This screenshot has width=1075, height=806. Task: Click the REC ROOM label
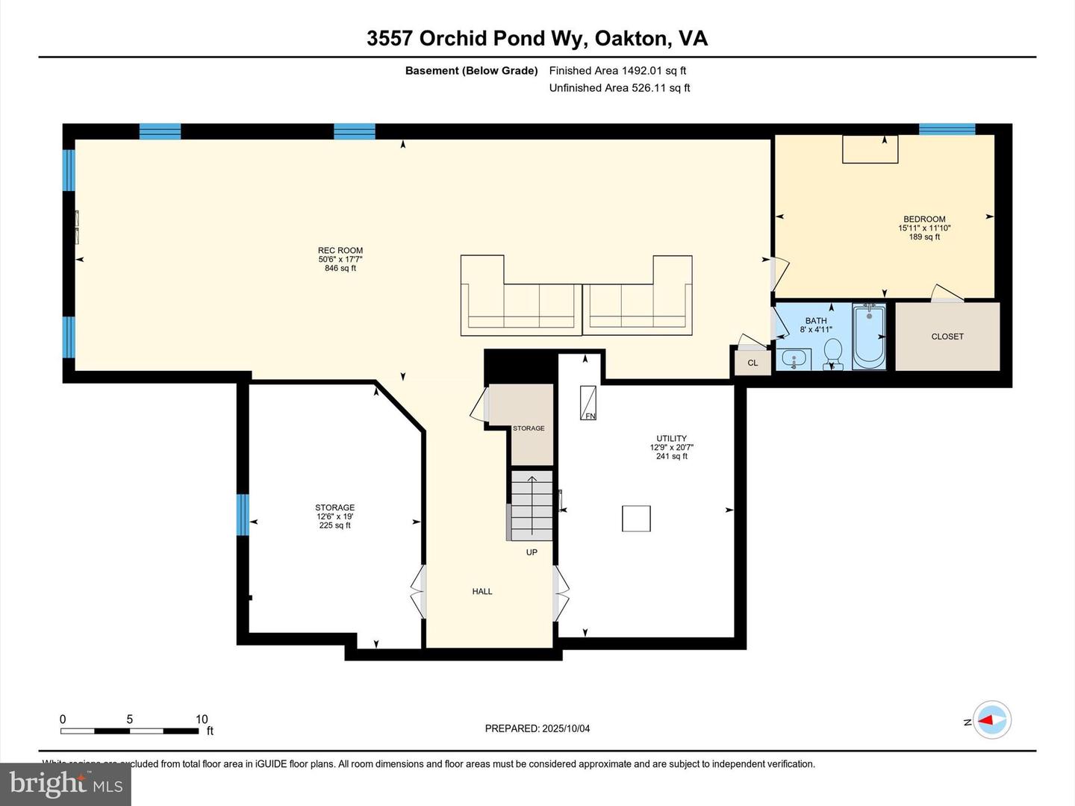tap(340, 251)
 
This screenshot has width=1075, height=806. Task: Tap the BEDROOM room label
tap(924, 219)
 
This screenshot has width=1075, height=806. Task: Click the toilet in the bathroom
tap(832, 352)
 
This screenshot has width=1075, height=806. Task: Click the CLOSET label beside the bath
tap(947, 337)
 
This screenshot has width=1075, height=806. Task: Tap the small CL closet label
tap(752, 363)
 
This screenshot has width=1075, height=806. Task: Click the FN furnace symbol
tap(588, 403)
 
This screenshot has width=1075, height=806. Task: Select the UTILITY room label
tap(671, 439)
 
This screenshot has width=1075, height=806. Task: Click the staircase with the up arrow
tap(532, 505)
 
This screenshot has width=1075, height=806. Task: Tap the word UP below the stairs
tap(532, 552)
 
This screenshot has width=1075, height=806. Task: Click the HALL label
tap(482, 592)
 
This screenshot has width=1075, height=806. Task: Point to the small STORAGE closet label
tap(529, 428)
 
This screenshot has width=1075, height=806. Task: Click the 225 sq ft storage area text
tap(334, 525)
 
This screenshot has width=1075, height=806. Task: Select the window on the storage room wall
tap(243, 515)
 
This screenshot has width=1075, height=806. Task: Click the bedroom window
tap(947, 129)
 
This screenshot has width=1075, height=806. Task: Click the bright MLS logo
tap(66, 784)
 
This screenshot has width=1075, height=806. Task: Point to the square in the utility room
tap(636, 519)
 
